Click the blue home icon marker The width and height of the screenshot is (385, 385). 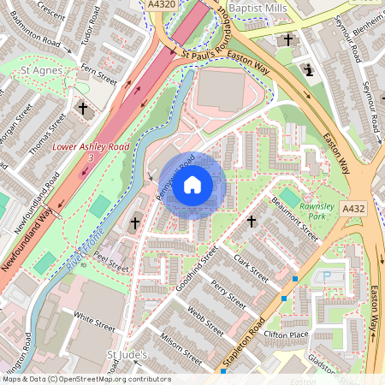tap(192, 185)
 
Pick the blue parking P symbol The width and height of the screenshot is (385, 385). tap(325, 277)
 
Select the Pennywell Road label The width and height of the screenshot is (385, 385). tap(169, 182)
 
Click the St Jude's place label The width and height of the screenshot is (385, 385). tap(127, 354)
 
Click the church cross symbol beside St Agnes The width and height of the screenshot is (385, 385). tap(83, 109)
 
